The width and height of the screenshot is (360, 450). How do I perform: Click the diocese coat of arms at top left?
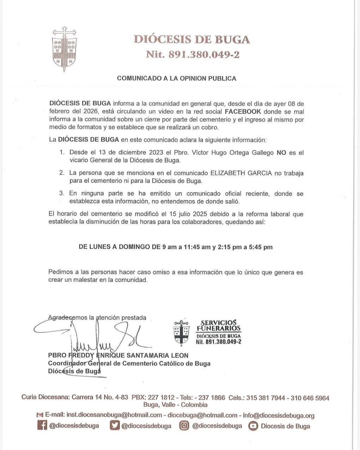[64, 49]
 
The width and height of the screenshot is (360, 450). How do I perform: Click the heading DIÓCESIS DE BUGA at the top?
[192, 39]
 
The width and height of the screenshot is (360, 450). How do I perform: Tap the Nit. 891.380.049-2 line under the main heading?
[193, 55]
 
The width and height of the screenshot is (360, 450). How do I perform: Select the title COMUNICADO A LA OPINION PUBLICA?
[176, 78]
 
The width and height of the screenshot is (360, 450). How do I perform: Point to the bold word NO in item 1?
[281, 153]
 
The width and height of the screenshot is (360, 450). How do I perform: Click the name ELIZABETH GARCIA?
[241, 173]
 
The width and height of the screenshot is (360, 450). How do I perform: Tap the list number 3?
[61, 194]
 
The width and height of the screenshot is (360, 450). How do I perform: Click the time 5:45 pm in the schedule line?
[260, 247]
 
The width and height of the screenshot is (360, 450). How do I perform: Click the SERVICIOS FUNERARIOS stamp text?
[218, 326]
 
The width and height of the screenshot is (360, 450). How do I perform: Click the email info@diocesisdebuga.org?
[278, 415]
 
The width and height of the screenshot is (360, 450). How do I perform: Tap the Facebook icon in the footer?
[42, 426]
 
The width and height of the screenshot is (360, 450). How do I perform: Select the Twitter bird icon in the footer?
[115, 426]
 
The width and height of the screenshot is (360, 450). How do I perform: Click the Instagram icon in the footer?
[184, 426]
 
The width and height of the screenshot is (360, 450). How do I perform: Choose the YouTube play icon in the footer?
[253, 426]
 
